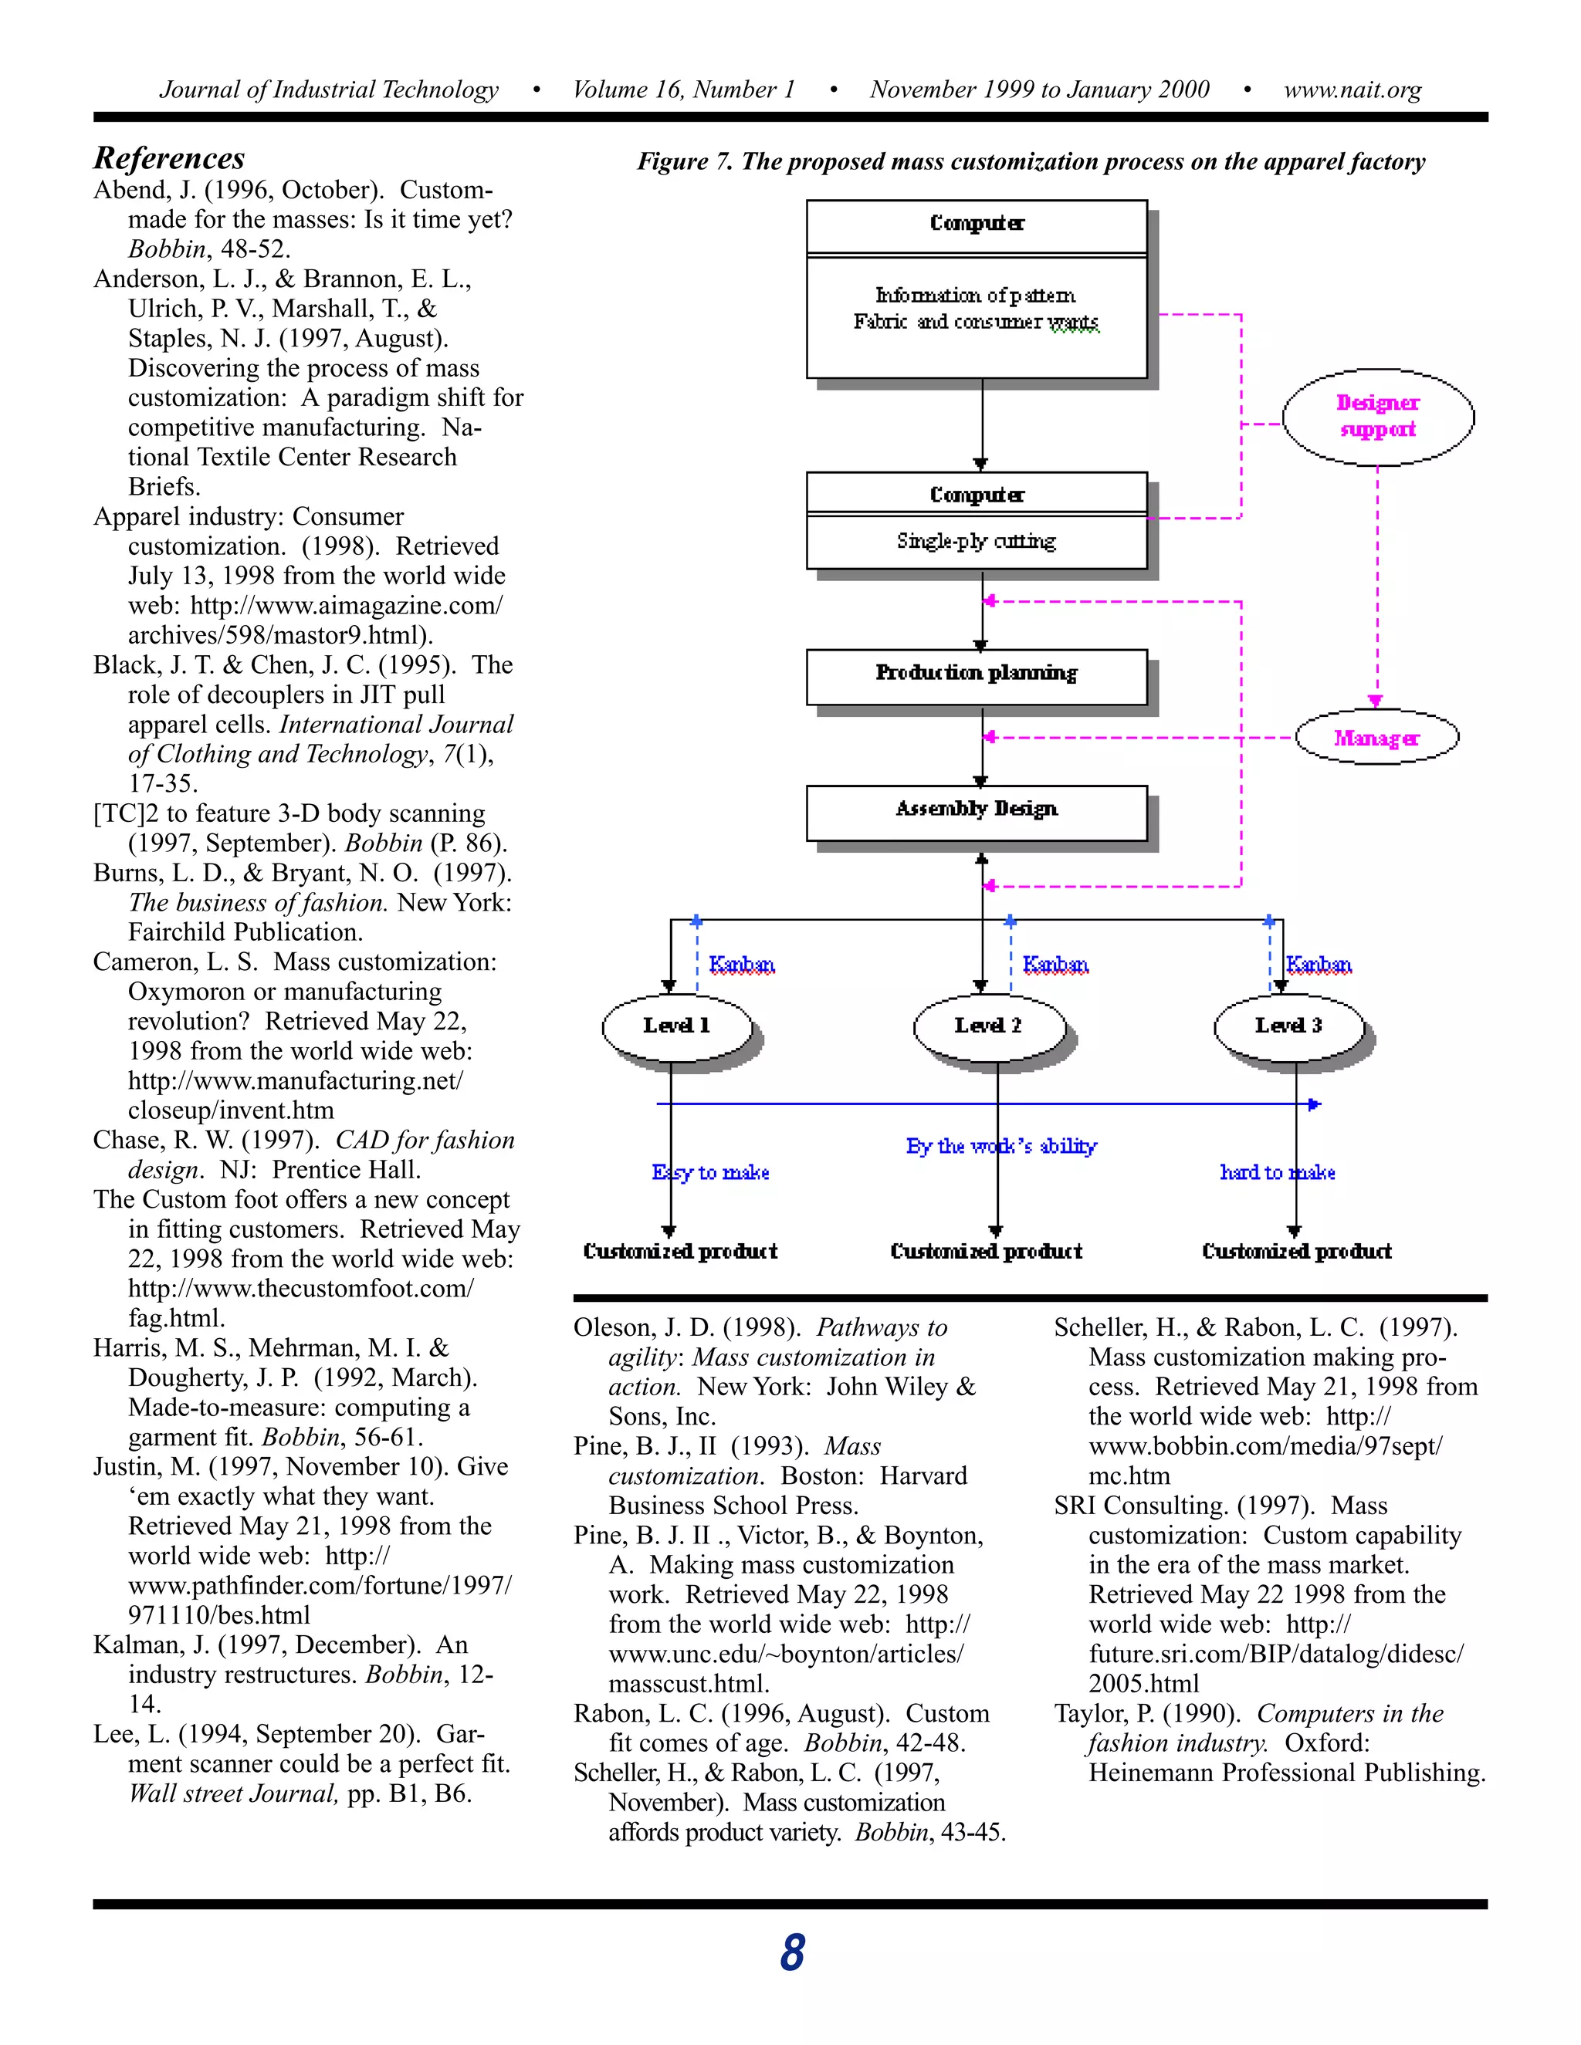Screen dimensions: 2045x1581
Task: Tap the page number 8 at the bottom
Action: pos(791,1953)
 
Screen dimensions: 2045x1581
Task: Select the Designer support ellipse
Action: pos(1377,417)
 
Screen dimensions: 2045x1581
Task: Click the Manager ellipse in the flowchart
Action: pos(1376,738)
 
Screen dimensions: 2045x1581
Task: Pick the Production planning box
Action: pos(976,675)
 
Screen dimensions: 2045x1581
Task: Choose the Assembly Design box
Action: pos(976,811)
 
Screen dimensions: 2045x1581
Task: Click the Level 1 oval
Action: pos(676,1026)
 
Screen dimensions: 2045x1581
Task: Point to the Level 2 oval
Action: pos(988,1026)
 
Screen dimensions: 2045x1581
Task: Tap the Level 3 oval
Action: pos(1288,1026)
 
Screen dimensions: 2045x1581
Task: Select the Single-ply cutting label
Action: pos(976,541)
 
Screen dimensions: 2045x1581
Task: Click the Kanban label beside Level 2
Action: pos(1055,965)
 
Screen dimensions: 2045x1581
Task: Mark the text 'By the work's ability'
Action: pos(1000,1146)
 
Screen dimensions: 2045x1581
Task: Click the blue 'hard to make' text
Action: pos(1277,1172)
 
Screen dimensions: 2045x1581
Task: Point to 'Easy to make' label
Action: pos(711,1172)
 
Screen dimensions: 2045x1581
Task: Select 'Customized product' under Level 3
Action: pos(1296,1251)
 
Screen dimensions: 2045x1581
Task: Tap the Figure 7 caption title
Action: pos(1031,162)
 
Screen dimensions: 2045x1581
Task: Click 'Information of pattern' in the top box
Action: pos(975,296)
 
